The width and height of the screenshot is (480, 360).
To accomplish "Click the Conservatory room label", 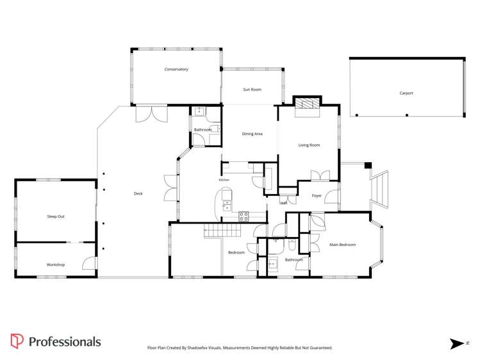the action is tap(176, 69).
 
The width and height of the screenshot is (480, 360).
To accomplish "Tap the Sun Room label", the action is tap(252, 90).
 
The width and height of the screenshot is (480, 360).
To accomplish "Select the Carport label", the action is tap(406, 93).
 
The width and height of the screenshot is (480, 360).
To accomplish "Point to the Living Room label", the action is tap(309, 145).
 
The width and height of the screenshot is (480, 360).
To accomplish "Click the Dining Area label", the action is tap(252, 134).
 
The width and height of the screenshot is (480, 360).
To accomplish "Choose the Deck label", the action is tap(138, 193).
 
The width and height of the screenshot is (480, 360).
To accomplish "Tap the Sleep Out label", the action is tap(56, 217).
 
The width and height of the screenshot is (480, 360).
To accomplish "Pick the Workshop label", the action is tap(56, 265).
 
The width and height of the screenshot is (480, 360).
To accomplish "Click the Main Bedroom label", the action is tap(343, 245).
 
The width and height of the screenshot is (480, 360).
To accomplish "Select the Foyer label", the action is tap(317, 195).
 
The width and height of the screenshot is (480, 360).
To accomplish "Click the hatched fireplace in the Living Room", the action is tap(308, 103).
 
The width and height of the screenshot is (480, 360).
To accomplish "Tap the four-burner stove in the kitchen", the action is tap(244, 217).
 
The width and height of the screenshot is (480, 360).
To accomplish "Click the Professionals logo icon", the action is tap(17, 341).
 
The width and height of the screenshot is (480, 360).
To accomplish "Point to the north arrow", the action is tap(457, 344).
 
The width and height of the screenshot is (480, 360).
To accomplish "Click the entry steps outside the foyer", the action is tap(379, 190).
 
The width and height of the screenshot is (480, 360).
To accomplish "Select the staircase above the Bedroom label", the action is tap(222, 231).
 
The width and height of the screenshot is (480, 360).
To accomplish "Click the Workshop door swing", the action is tap(89, 263).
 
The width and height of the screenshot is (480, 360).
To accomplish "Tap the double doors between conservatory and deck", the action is tap(152, 114).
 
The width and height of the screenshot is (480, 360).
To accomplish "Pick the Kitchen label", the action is tap(224, 180).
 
